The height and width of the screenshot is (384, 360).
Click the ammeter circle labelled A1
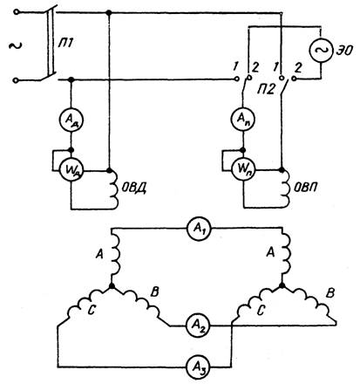point(199,229)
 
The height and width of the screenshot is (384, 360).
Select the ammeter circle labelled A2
point(199,326)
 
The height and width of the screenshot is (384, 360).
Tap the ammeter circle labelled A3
point(199,367)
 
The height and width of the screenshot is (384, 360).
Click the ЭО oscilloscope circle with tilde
point(321,51)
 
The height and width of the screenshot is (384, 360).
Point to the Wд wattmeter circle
point(71,169)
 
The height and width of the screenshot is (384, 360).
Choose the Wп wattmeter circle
point(243,169)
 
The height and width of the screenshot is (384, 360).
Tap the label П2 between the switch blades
point(266,89)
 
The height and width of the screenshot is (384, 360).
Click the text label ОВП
point(305,188)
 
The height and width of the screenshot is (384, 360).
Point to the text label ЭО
point(344,51)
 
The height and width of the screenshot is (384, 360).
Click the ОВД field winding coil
point(114,189)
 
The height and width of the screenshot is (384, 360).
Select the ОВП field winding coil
point(285,189)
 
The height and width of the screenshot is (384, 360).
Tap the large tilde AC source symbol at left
point(15,45)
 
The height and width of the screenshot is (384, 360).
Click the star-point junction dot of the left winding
point(112,286)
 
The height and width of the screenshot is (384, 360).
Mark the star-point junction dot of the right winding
point(282,285)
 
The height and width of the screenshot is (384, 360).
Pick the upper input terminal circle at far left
point(17,12)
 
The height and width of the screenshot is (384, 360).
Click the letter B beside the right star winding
point(329,293)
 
